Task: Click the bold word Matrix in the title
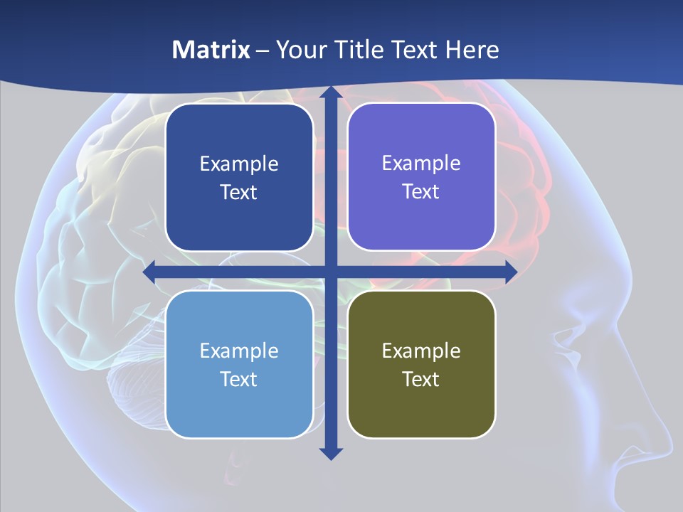[211, 50]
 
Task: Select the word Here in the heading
[472, 50]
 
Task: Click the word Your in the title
[297, 50]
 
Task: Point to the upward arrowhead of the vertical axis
[331, 92]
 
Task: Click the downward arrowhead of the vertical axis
[331, 453]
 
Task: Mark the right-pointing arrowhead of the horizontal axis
[510, 272]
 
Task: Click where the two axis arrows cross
[331, 272]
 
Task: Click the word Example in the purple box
[421, 163]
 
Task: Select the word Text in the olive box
[421, 379]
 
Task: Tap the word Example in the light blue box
[239, 351]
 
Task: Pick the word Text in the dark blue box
[239, 192]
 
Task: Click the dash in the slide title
[263, 50]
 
